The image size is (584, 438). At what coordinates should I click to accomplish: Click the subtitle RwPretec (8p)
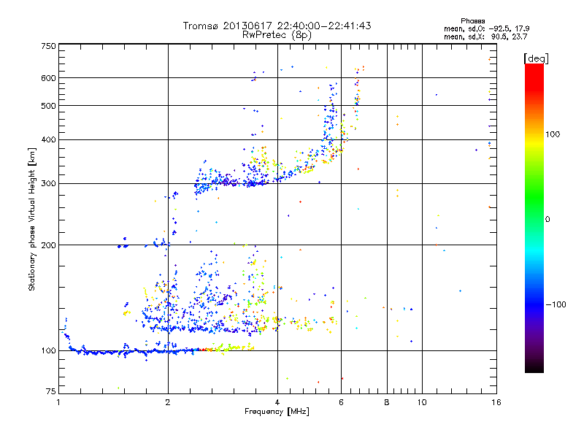tap(277, 34)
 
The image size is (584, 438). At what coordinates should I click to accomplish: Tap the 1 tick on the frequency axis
tap(58, 402)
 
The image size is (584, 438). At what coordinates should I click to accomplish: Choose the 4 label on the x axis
tap(277, 402)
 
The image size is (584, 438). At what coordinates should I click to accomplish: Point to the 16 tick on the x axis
tap(495, 402)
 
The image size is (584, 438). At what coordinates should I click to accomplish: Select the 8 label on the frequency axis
tap(387, 402)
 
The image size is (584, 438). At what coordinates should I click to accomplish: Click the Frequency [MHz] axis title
tap(277, 412)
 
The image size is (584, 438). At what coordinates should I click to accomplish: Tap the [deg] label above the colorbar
tap(537, 58)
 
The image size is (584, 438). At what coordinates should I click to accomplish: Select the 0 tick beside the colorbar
tap(547, 219)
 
